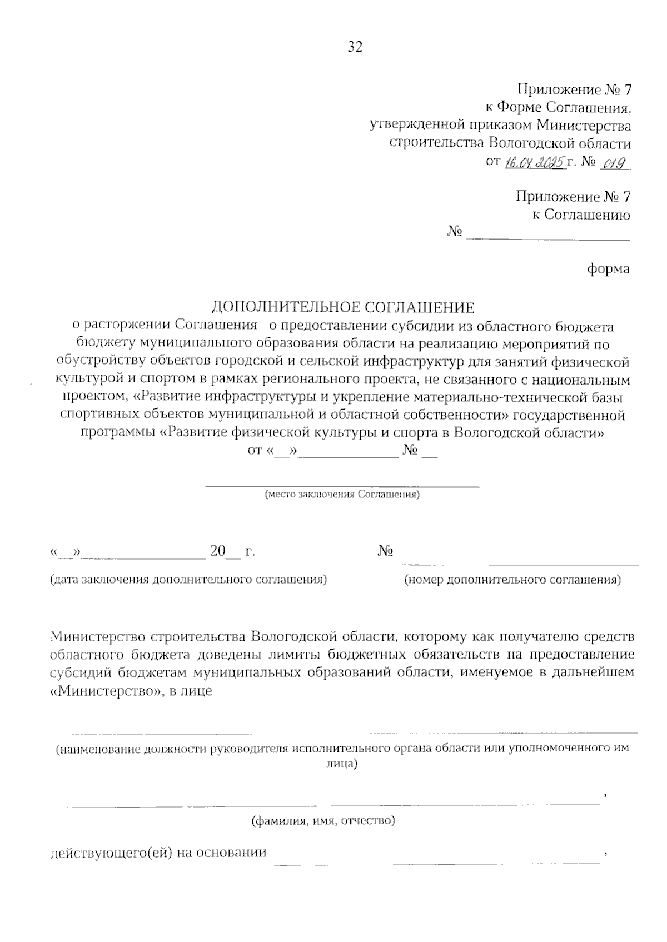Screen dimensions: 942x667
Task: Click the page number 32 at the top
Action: coord(355,47)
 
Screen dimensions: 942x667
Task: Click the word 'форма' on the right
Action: coord(609,269)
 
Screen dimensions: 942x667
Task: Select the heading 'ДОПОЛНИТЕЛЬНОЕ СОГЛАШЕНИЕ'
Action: coord(343,307)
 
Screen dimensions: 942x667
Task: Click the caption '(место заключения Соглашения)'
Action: coord(342,494)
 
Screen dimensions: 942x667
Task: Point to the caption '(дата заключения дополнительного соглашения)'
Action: coord(188,580)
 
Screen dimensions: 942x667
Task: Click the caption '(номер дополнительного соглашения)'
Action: coord(512,580)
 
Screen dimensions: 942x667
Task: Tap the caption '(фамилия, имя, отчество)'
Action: coord(323,820)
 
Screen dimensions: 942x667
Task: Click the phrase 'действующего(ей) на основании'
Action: coord(158,853)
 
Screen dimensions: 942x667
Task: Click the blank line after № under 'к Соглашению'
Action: coord(547,239)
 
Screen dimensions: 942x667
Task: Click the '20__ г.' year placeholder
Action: coord(232,552)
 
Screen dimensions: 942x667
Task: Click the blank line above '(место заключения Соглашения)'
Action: coord(342,486)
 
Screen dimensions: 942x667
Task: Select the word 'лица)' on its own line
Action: coord(341,764)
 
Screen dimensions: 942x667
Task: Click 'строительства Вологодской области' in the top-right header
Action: coord(510,143)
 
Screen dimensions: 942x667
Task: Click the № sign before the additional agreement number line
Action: coord(386,551)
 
